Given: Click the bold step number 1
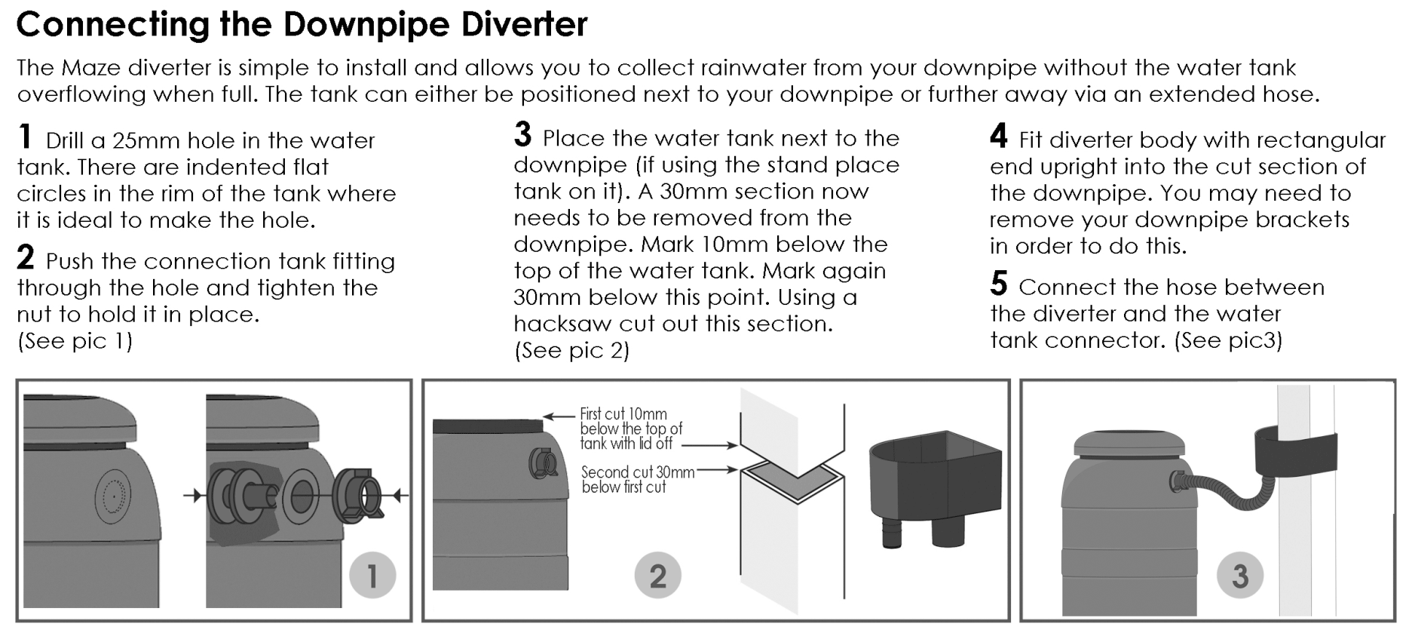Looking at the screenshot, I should (x=26, y=137).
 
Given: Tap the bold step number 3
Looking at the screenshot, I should (x=522, y=136).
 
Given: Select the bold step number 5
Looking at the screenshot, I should (x=998, y=284).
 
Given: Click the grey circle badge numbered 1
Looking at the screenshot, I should (x=372, y=576).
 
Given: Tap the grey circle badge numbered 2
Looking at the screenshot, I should (x=657, y=576).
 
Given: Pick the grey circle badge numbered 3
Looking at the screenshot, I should (x=1240, y=576).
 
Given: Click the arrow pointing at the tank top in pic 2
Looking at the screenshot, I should (x=559, y=416).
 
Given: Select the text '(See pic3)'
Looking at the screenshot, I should (x=1228, y=340).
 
